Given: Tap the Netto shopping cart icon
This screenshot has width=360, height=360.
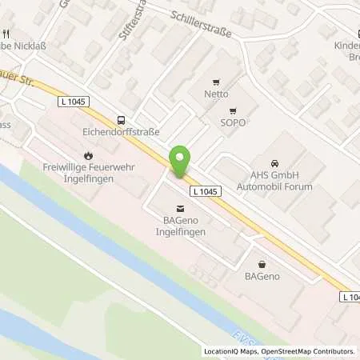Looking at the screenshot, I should point(214,82).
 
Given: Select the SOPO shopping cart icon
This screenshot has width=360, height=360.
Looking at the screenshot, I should point(233,111).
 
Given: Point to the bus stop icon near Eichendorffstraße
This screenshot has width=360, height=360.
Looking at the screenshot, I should point(120,116).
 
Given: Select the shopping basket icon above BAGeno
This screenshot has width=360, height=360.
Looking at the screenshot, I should point(262,263).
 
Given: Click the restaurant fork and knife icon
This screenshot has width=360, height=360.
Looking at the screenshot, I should point(7,34).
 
